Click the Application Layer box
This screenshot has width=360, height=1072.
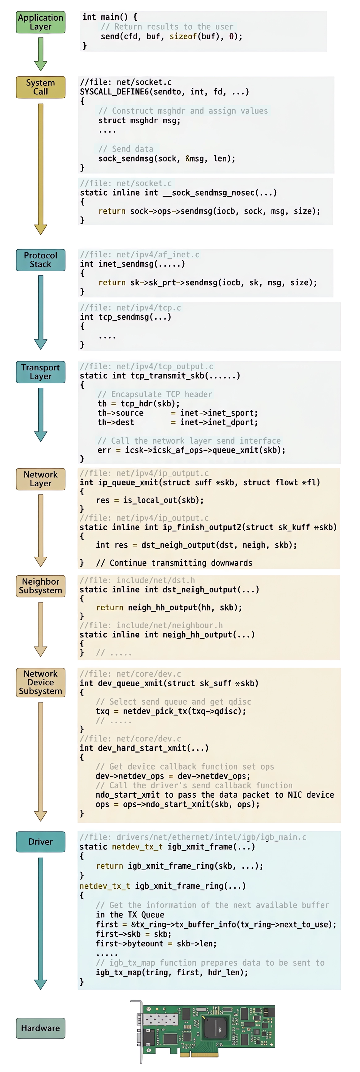tap(40, 22)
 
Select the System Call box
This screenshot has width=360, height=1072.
tap(40, 87)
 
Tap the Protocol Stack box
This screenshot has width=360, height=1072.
tap(40, 260)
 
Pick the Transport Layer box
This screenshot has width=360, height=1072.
tap(40, 372)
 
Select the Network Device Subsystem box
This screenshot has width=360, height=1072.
tap(40, 682)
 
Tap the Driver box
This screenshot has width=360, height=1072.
tap(40, 841)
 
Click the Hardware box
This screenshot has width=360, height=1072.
tap(40, 1028)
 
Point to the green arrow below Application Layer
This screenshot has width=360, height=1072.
tap(40, 54)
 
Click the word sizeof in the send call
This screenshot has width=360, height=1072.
tap(183, 36)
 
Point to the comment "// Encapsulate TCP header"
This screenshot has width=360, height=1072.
tap(155, 394)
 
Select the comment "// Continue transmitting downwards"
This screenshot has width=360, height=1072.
tap(174, 563)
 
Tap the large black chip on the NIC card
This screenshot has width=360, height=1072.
tap(215, 1026)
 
